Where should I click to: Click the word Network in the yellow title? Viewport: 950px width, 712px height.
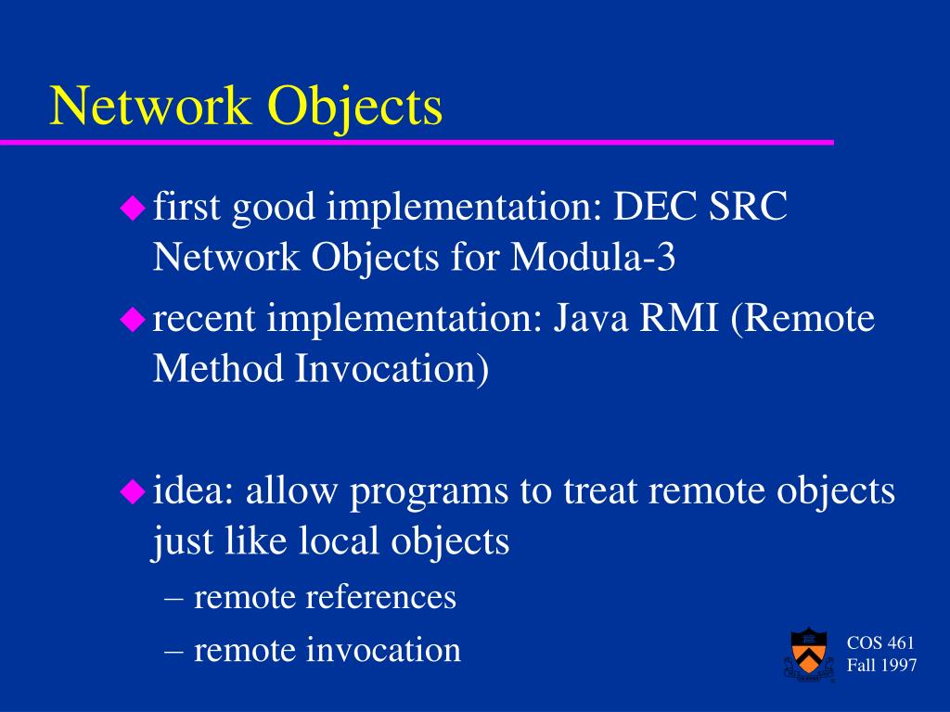point(150,106)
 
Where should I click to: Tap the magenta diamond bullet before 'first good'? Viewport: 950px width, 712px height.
point(133,208)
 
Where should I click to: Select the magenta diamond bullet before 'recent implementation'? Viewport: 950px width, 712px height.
point(133,319)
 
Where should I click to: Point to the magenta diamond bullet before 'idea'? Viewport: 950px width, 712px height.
point(133,491)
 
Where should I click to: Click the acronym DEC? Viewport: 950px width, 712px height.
point(655,206)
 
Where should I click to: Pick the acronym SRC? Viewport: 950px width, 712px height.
point(749,206)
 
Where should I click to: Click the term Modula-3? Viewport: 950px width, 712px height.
point(593,257)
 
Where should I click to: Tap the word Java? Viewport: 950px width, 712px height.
point(591,318)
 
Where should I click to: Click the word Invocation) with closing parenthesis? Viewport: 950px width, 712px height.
point(392,369)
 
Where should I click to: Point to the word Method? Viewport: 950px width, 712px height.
point(218,368)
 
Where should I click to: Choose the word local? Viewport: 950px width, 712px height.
point(340,540)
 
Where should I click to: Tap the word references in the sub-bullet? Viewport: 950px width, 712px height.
point(380,597)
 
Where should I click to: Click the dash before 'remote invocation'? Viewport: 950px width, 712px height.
point(173,652)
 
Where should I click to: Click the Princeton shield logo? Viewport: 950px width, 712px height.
point(809,654)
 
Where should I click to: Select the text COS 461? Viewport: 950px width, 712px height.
point(880,643)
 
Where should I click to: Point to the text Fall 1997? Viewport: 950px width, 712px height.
point(881,666)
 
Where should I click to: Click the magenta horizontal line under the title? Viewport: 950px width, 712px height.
point(417,142)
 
